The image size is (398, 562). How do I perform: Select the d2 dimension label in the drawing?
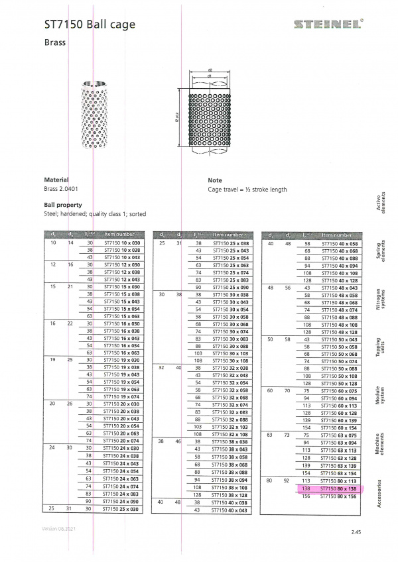tap(209, 69)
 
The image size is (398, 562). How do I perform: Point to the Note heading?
tap(215, 180)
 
